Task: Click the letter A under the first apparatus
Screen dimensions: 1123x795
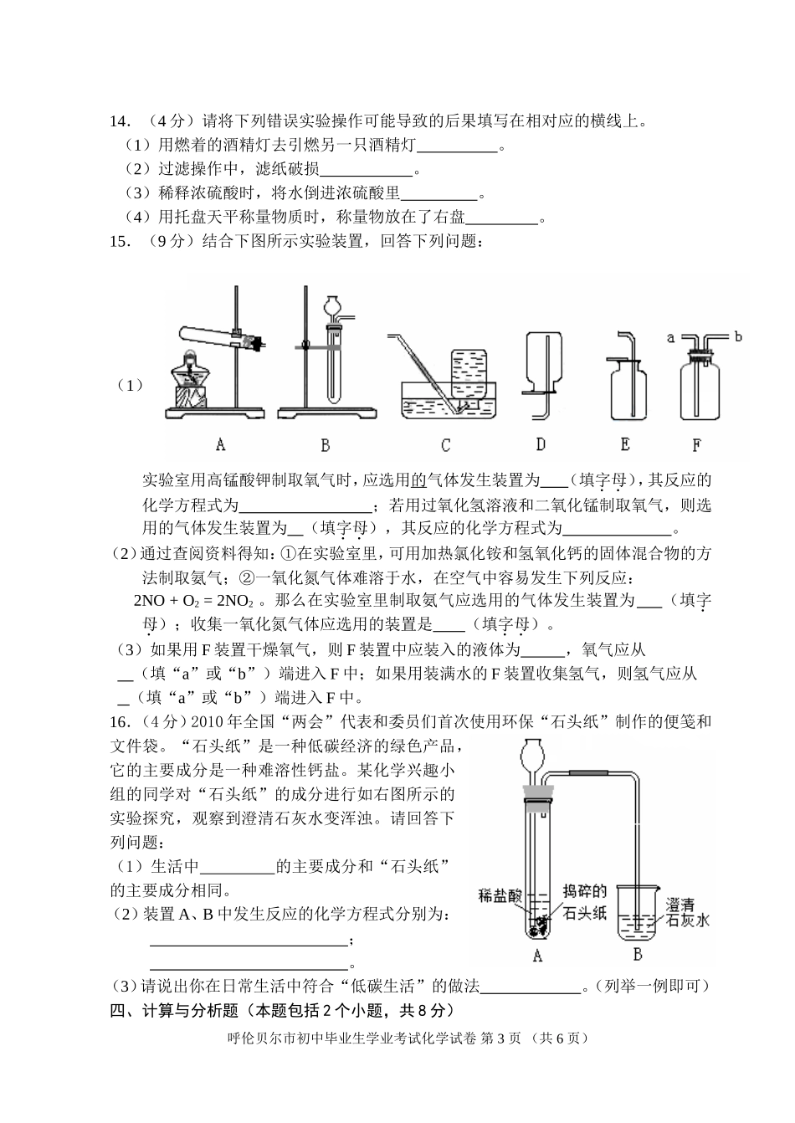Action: point(220,444)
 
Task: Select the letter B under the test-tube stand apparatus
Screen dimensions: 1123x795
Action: point(325,444)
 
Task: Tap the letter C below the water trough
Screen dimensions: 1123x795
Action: point(445,444)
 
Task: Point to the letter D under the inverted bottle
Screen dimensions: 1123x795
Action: point(541,444)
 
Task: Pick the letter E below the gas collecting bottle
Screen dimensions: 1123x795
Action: point(625,444)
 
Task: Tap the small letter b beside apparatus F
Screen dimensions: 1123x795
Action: point(737,336)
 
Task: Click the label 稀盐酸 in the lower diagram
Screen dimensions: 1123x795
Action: point(500,894)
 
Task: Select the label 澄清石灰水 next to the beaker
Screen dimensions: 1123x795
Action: point(687,912)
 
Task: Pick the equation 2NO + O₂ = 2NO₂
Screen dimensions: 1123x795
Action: point(193,601)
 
